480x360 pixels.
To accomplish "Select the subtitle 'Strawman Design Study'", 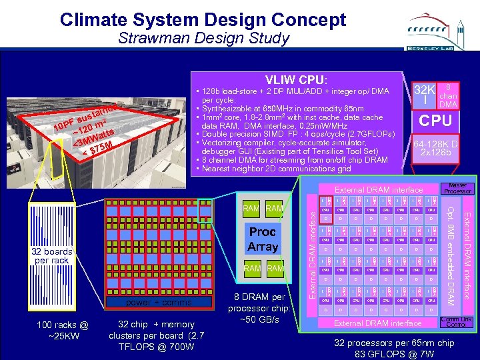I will pos(203,38).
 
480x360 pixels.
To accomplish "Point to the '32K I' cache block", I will pos(424,95).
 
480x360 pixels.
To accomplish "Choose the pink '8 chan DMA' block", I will pos(449,95).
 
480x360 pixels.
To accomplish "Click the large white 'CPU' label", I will pos(435,121).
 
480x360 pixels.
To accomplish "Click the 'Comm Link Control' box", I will pos(457,323).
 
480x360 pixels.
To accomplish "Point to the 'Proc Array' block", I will pos(263,239).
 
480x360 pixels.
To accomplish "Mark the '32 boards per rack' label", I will pos(51,255).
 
